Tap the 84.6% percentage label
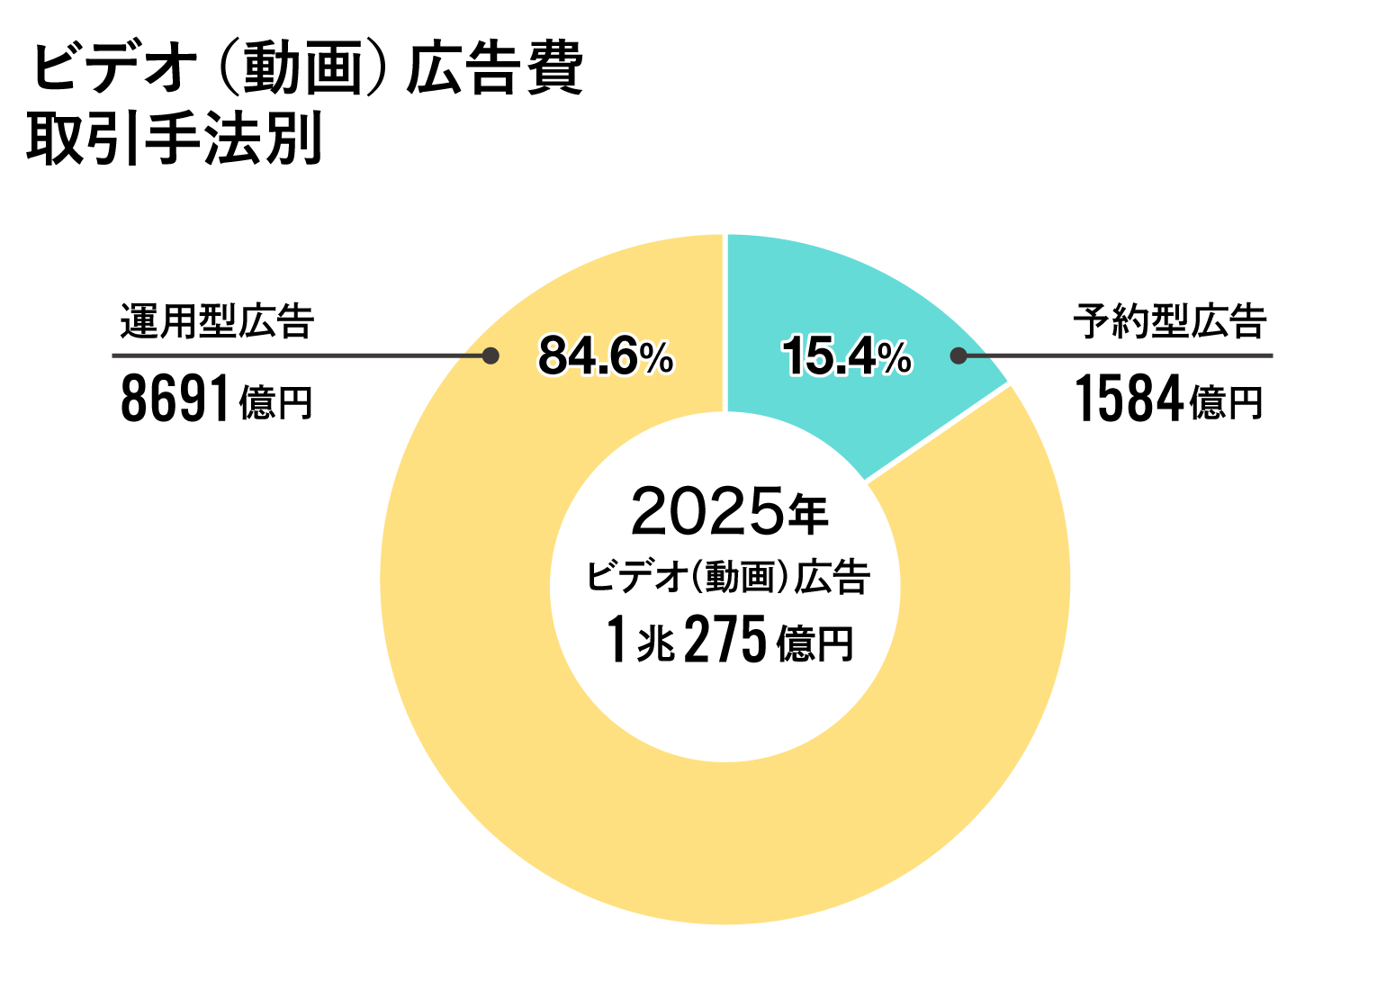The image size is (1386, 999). [606, 356]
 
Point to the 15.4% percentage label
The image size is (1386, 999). [847, 356]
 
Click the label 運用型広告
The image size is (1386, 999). [217, 321]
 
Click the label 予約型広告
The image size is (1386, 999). [1170, 321]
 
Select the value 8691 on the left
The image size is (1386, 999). [175, 400]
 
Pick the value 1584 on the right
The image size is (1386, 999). [1129, 400]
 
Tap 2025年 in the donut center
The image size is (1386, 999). [729, 511]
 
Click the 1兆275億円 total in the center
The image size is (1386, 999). [729, 641]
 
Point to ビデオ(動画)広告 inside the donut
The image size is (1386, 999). [729, 576]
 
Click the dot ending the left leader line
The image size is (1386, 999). [490, 355]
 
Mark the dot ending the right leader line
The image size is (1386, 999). [958, 355]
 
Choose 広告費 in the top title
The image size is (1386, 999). [495, 68]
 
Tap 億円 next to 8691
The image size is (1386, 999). [275, 403]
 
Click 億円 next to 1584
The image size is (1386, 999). [1227, 403]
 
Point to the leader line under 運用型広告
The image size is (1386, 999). [297, 355]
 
